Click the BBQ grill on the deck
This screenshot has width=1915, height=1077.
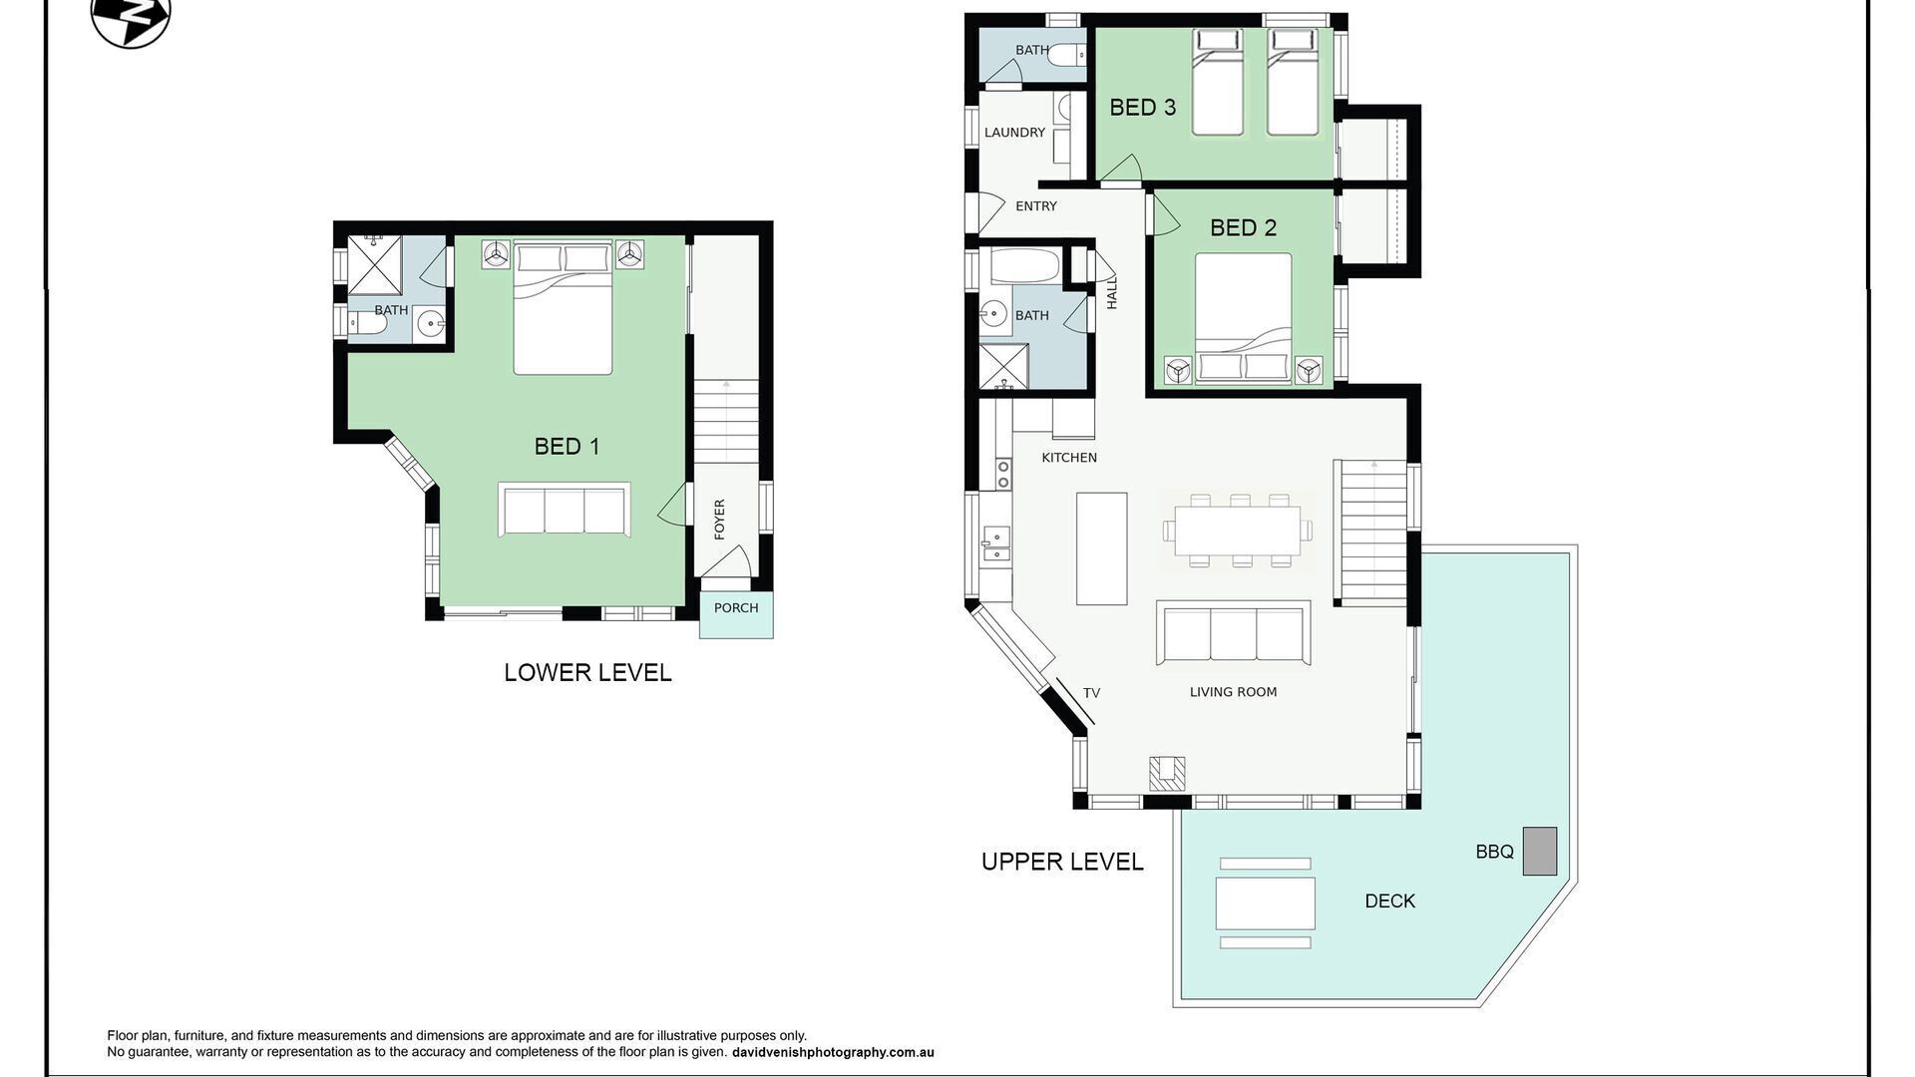click(x=1539, y=852)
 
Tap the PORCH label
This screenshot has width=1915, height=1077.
click(x=736, y=608)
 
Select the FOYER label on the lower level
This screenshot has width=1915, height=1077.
click(x=720, y=520)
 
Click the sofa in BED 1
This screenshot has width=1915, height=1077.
click(x=565, y=510)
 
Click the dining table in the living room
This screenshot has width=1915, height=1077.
click(x=1238, y=531)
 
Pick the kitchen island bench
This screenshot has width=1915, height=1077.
click(x=1101, y=548)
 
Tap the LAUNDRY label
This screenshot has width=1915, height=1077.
click(x=1014, y=133)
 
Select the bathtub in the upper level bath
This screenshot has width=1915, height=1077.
click(x=1024, y=266)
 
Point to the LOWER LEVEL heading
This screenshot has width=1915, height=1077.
click(x=587, y=673)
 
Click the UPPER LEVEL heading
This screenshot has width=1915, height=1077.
click(x=1062, y=862)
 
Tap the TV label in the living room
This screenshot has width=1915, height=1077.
click(x=1091, y=693)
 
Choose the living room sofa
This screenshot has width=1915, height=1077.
click(x=1234, y=632)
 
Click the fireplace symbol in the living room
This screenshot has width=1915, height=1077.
click(x=1167, y=774)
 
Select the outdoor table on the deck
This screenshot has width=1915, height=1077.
click(x=1265, y=902)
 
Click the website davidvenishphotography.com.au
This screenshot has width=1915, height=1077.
click(x=833, y=1052)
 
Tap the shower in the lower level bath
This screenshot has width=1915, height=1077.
click(x=374, y=265)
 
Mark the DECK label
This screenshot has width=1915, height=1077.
click(x=1389, y=901)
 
